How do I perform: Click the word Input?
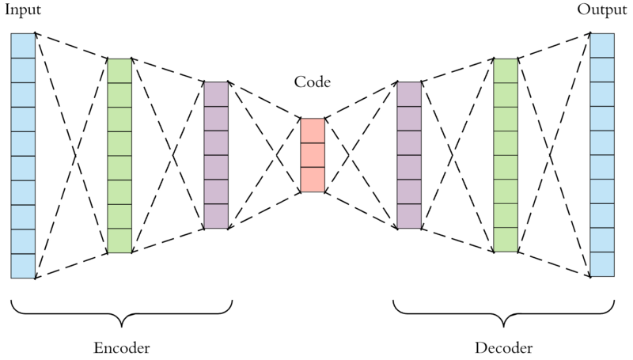(21, 9)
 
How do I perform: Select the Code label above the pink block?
(312, 82)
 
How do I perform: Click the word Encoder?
(121, 348)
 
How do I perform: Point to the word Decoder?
(503, 348)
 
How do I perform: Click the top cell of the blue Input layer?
(23, 45)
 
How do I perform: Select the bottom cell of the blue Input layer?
(23, 266)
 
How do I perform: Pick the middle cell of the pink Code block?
(313, 155)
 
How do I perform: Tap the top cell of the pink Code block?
(313, 131)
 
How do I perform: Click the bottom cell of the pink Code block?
(313, 180)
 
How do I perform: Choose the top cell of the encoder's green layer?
(119, 70)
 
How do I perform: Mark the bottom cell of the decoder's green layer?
(505, 241)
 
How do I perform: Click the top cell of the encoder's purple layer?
(216, 93)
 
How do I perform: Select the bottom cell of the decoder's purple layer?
(408, 216)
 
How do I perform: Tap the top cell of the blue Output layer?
(602, 45)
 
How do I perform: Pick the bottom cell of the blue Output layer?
(602, 265)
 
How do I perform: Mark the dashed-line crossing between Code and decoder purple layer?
(360, 155)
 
